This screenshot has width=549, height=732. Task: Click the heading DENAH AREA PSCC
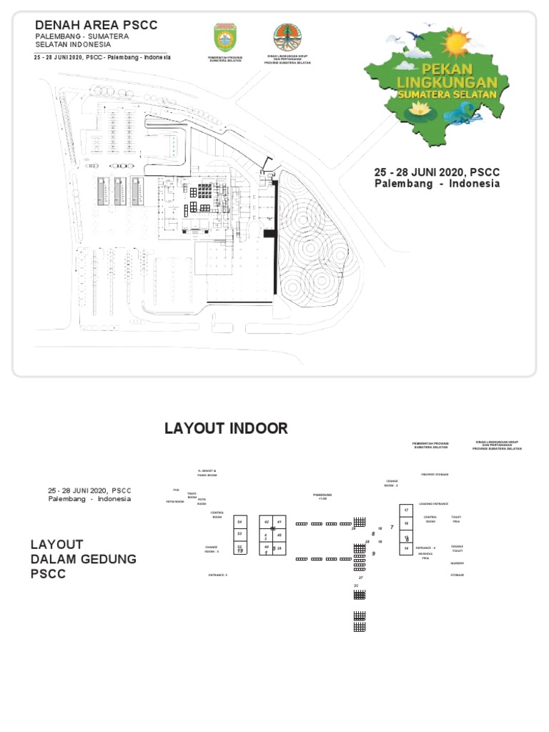[97, 26]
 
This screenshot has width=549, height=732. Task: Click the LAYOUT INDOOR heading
[226, 429]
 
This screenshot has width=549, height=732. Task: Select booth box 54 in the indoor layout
[240, 522]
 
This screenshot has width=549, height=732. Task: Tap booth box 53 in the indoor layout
[240, 534]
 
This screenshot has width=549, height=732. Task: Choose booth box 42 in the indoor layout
[266, 522]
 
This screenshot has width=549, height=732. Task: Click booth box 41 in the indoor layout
[279, 522]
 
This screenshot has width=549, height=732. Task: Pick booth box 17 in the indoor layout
[406, 510]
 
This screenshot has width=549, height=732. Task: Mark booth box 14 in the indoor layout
[406, 548]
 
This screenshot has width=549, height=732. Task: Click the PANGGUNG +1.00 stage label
[322, 496]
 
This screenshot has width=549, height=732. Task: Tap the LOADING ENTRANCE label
[433, 503]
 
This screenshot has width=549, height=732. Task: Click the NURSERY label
[457, 563]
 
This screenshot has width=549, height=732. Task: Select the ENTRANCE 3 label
[217, 575]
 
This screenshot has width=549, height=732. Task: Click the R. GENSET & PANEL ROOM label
[207, 473]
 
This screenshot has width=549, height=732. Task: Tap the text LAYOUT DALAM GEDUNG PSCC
[83, 559]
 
